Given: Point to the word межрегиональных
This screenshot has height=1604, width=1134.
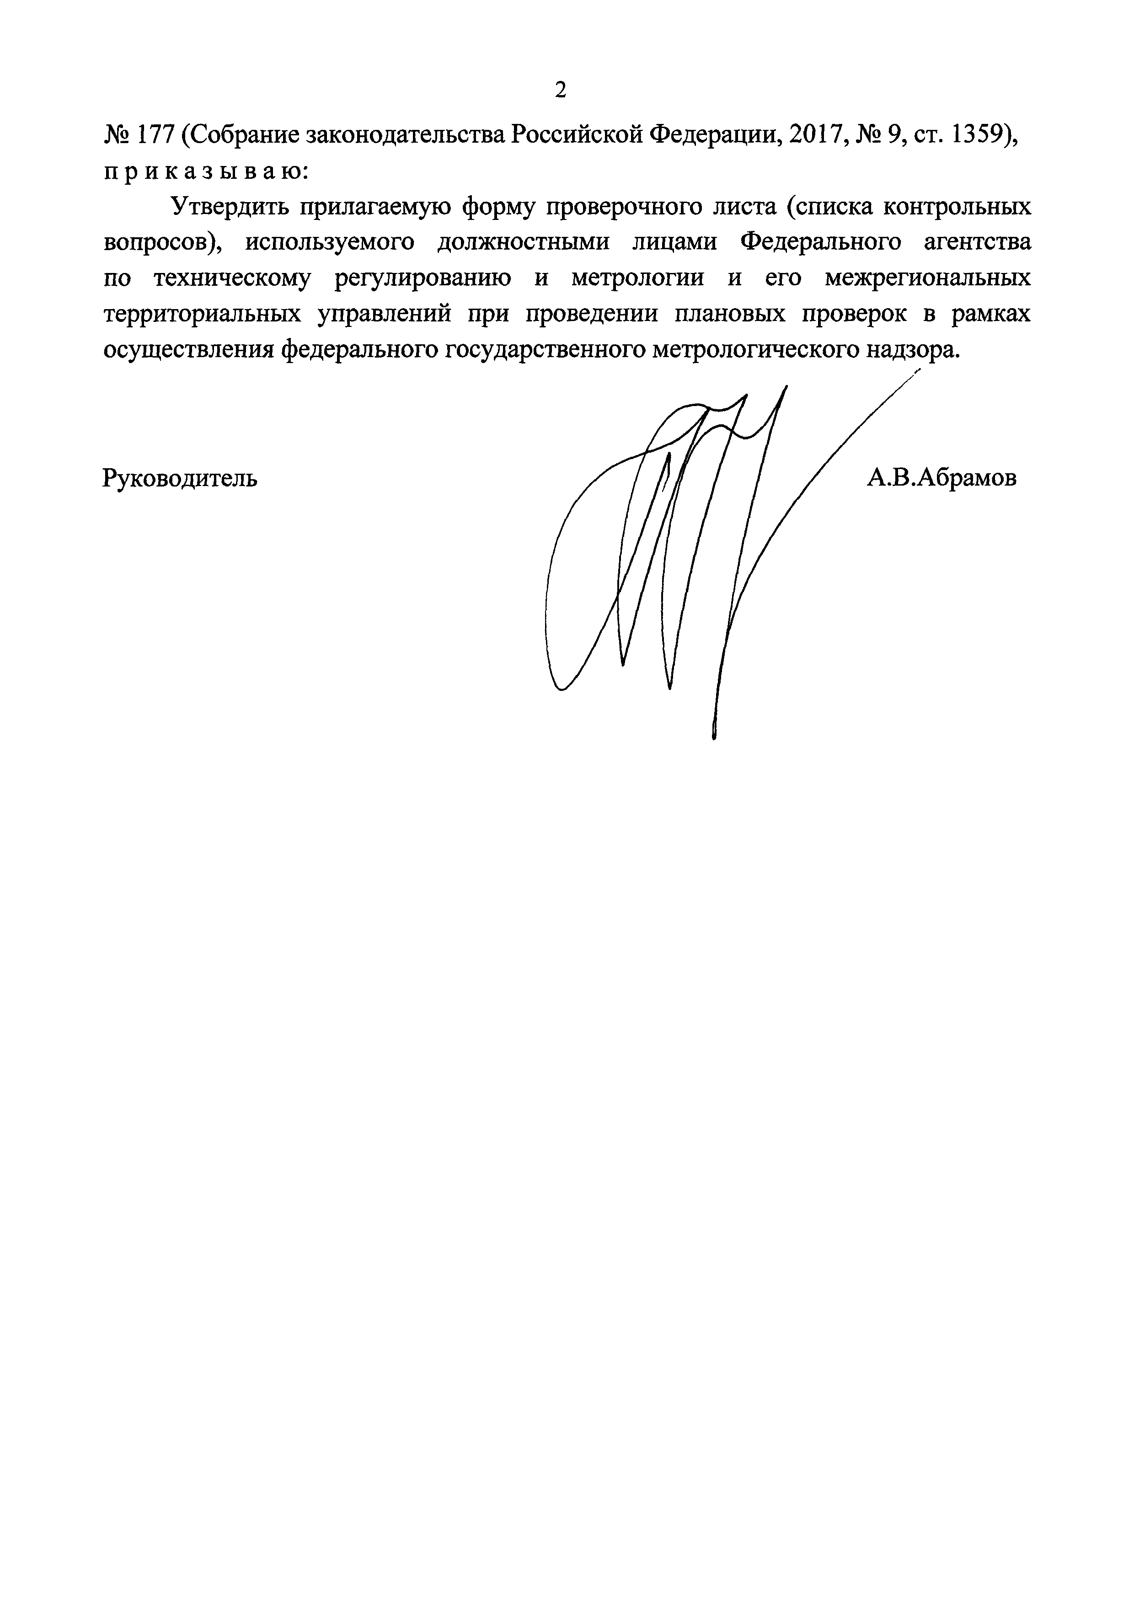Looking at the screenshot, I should [x=927, y=279].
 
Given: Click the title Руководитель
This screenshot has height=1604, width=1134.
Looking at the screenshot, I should [x=180, y=478].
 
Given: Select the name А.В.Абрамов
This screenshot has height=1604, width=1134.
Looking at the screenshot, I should [x=941, y=478].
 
